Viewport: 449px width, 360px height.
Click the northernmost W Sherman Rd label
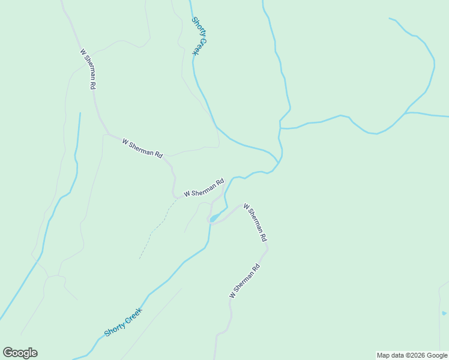pyautogui.click(x=88, y=69)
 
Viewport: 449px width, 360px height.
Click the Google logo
pyautogui.click(x=20, y=353)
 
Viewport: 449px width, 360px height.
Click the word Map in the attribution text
pyautogui.click(x=383, y=355)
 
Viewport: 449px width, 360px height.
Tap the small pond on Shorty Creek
pyautogui.click(x=214, y=218)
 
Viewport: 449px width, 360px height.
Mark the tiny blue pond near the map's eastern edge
pyautogui.click(x=444, y=313)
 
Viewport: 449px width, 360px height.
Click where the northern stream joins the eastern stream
pyautogui.click(x=280, y=125)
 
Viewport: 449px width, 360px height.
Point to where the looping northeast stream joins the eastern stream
pyautogui.click(x=407, y=112)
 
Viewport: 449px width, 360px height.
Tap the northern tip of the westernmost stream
pyautogui.click(x=79, y=113)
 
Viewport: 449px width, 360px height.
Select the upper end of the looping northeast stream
pyautogui.click(x=390, y=19)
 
